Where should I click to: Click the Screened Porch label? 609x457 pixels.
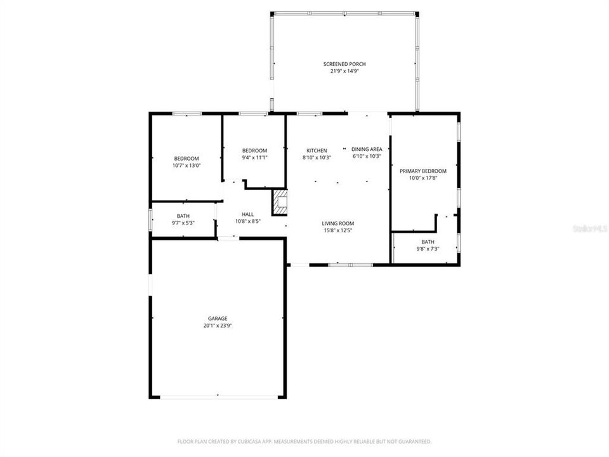(344, 64)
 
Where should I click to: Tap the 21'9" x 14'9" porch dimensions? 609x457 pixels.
(344, 71)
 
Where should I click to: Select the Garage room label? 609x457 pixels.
(218, 319)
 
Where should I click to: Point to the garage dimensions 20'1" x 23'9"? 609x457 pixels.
(218, 326)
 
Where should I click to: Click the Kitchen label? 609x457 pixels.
(317, 150)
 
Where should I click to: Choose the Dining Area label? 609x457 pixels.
(367, 149)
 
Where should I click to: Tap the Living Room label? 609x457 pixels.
(337, 223)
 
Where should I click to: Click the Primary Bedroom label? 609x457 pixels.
(423, 171)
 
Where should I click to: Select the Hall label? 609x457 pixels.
(248, 215)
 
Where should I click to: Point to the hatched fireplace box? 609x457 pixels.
(280, 202)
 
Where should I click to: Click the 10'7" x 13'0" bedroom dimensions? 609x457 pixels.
(187, 166)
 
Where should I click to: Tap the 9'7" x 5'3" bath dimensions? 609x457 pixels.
(183, 223)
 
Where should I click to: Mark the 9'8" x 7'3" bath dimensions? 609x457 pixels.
(428, 249)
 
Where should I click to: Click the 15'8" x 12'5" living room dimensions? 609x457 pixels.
(337, 230)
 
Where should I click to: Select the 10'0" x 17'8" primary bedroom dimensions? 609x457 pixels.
(423, 178)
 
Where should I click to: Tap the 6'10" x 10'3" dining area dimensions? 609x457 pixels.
(367, 156)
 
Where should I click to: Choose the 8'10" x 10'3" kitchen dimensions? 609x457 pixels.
(317, 157)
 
